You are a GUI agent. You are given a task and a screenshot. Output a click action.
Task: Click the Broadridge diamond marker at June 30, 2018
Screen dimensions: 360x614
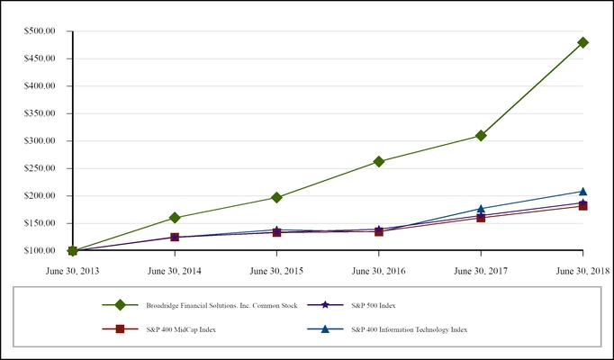[x=582, y=42]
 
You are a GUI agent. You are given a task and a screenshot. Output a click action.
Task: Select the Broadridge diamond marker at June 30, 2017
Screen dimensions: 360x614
[x=481, y=136]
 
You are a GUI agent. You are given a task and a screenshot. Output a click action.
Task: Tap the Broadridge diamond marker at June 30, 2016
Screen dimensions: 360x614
[x=379, y=162]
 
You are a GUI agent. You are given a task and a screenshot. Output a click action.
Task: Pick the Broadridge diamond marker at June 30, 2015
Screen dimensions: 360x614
[x=276, y=197]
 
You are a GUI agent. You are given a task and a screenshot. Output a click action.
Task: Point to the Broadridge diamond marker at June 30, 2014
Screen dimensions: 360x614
[x=175, y=218]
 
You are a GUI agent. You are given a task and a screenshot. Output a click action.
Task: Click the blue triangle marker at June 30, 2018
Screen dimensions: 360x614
[x=582, y=191]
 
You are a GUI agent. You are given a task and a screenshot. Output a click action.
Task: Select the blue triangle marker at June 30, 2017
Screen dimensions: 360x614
[x=481, y=209]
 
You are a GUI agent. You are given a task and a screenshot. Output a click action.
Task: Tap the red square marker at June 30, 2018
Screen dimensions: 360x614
[x=582, y=206]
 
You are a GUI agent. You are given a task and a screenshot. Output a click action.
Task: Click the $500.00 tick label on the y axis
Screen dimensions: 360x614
[x=40, y=31]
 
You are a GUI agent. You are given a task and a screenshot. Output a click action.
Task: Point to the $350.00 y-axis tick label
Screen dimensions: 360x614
[x=40, y=113]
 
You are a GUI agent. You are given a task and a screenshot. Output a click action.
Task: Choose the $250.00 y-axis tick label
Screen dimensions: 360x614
[x=40, y=168]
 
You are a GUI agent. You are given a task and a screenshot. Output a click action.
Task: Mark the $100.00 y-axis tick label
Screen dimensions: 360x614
[x=40, y=250]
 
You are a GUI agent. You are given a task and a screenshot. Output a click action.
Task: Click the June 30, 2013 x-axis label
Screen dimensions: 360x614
[x=72, y=269]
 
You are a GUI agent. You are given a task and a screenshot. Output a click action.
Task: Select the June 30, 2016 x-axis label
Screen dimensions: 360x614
[x=379, y=269]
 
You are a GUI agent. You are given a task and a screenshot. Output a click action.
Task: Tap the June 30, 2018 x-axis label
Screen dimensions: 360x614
[x=582, y=269]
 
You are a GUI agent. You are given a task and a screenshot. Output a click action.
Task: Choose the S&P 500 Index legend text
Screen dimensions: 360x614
[x=373, y=305]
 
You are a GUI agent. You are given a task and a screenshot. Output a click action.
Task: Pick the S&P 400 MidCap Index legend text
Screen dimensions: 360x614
[x=181, y=330]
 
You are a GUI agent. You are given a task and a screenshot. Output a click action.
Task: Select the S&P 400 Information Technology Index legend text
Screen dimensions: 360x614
[x=409, y=330]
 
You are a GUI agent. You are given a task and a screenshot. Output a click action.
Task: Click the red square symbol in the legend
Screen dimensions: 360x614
[x=120, y=329]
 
